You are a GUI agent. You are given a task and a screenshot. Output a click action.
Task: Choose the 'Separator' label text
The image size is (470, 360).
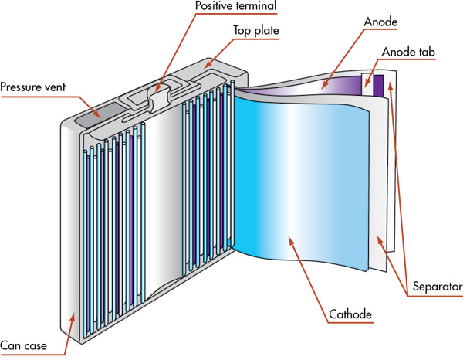[x=436, y=286]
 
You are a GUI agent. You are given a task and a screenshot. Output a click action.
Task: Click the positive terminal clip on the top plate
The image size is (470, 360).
[x=160, y=100]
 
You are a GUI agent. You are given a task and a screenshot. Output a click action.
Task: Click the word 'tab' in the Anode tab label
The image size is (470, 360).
[x=426, y=53]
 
